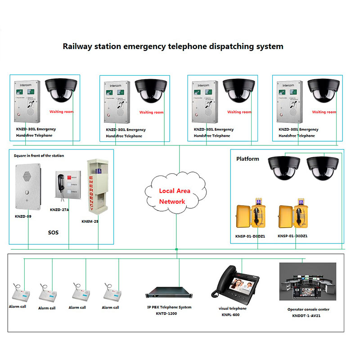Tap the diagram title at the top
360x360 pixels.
coord(173,46)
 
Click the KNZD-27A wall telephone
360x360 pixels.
coord(66,187)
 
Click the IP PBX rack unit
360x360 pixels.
coord(169,293)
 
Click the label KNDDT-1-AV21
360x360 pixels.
coord(308,316)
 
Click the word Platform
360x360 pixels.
coord(247,159)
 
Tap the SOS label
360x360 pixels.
coord(53,233)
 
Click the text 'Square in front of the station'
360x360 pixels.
coord(40,156)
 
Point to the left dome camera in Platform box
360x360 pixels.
coord(283,168)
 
